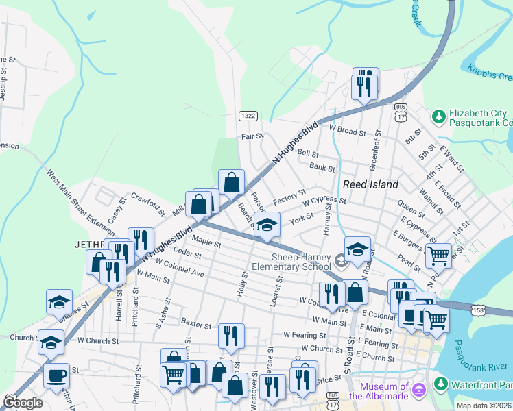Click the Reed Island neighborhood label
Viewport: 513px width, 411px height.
pyautogui.click(x=370, y=184)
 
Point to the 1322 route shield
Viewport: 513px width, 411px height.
pyautogui.click(x=248, y=116)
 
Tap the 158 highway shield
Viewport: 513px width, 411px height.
pyautogui.click(x=476, y=311)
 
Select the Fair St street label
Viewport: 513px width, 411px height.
pyautogui.click(x=252, y=136)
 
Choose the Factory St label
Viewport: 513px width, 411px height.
pyautogui.click(x=288, y=199)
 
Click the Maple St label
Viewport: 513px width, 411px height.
pyautogui.click(x=206, y=242)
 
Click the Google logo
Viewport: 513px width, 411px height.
pyautogui.click(x=23, y=402)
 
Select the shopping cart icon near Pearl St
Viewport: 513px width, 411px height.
pyautogui.click(x=438, y=256)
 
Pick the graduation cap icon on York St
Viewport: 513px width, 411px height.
pyautogui.click(x=267, y=224)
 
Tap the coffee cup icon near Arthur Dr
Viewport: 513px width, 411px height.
pyautogui.click(x=56, y=375)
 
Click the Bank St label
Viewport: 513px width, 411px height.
pyautogui.click(x=322, y=167)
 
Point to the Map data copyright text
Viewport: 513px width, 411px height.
pyautogui.click(x=484, y=406)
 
